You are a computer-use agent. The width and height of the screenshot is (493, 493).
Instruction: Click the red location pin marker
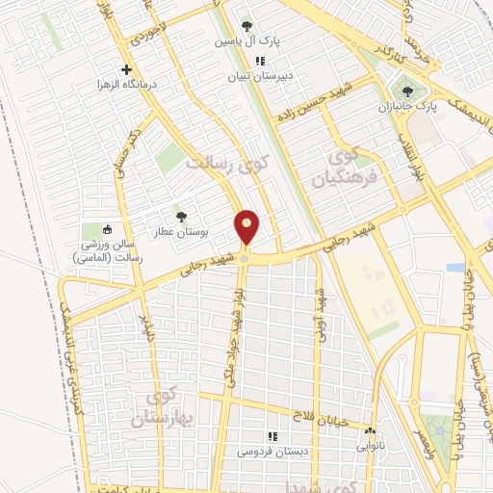(247, 227)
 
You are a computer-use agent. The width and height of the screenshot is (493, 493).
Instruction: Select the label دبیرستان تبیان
(258, 74)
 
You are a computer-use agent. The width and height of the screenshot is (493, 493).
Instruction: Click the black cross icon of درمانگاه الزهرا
(126, 69)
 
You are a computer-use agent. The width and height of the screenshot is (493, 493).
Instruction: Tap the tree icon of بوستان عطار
(180, 217)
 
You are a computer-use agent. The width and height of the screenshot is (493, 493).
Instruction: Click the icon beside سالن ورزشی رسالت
(107, 229)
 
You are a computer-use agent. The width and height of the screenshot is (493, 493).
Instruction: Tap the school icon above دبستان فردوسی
(271, 435)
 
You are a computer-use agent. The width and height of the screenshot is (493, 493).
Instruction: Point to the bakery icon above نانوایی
(371, 432)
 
